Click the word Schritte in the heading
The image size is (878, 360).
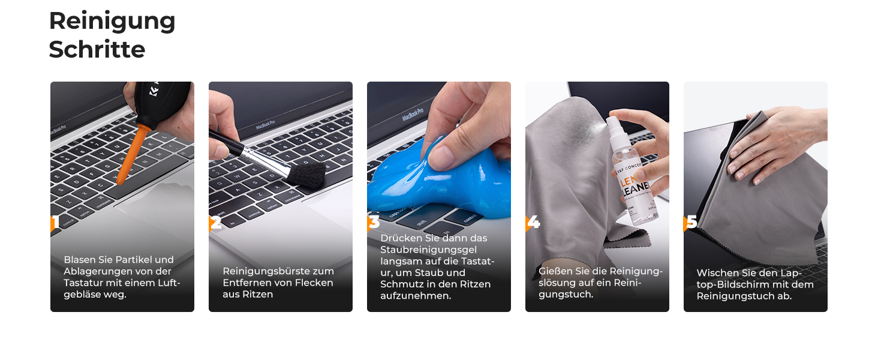97,49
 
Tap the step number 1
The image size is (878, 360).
56,221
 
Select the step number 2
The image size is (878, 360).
216,223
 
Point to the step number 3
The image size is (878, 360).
374,222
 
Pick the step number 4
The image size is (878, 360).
534,222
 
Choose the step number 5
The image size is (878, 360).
692,222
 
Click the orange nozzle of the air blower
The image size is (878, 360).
131,155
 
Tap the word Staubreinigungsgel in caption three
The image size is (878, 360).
428,250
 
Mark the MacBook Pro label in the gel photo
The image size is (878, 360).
413,114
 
